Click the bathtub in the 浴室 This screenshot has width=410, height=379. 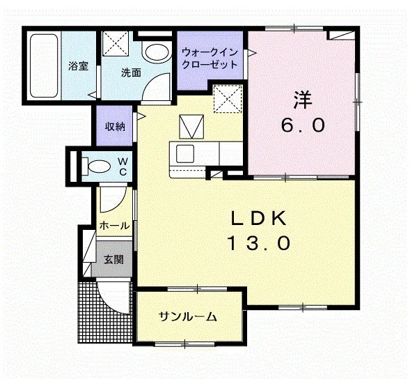pos(44,65)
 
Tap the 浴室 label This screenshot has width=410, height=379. pos(79,65)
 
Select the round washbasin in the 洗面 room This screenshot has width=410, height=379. pos(157,52)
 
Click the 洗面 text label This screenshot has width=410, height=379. pos(131,72)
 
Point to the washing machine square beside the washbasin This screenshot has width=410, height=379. pos(116,44)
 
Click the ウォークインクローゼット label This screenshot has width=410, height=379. pos(210,58)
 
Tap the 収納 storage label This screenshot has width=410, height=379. pos(115,126)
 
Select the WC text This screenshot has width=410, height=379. pos(123,167)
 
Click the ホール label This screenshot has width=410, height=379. pos(115,225)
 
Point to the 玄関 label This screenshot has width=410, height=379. pos(113,259)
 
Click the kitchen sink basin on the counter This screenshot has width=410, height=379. pos(185,153)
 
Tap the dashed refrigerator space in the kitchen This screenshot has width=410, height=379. pos(228,99)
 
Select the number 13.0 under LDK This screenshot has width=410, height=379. pos(259,243)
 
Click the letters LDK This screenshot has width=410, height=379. pos(259,219)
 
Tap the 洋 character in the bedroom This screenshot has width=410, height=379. pos(303,100)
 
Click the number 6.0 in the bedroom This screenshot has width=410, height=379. pos(303,125)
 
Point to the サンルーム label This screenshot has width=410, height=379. pos(188,317)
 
